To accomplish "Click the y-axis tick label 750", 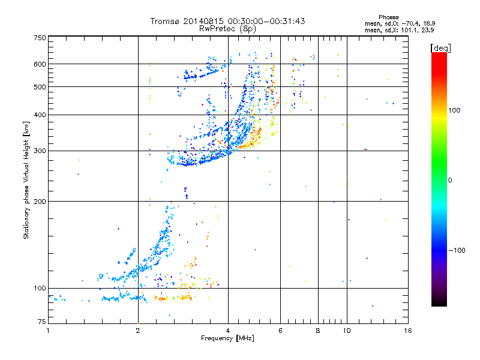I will coord(40,38).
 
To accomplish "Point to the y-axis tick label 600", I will coord(40,64).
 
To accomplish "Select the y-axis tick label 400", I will coord(40,115).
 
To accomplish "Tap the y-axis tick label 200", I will coord(40,202).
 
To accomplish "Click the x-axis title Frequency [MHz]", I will coord(227,339).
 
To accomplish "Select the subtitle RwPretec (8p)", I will coord(227,28).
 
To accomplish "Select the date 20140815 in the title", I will coord(201,21).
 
